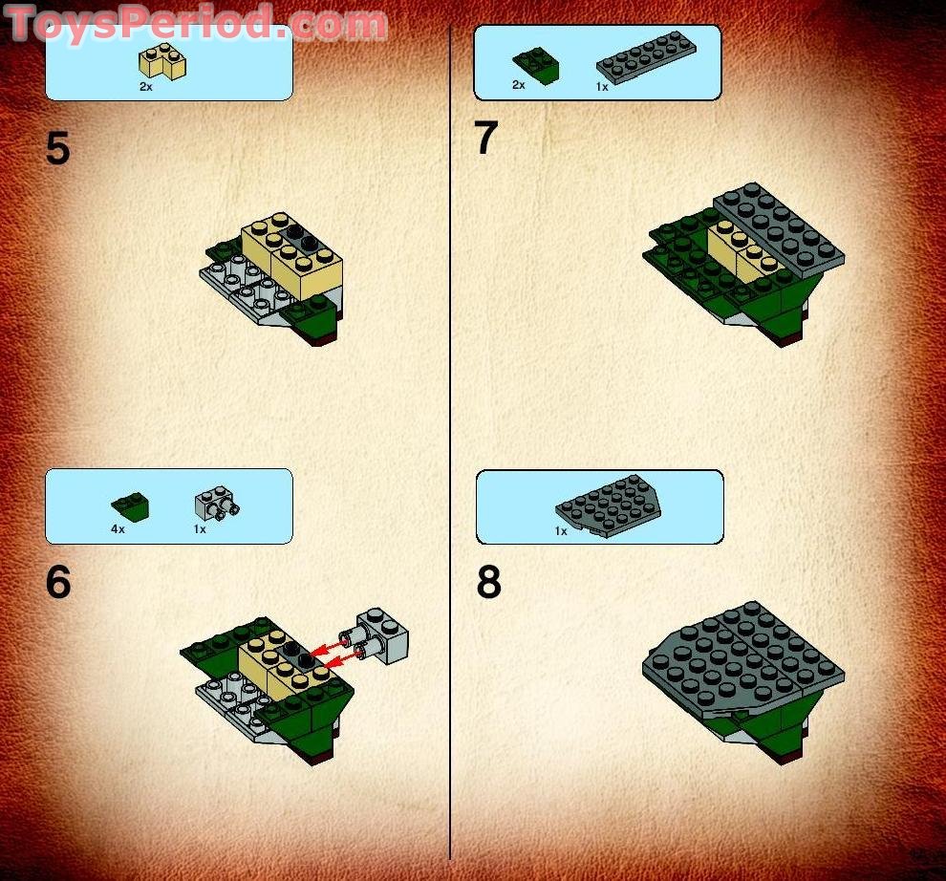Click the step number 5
(58, 150)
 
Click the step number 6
(58, 583)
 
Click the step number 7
(486, 140)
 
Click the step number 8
(488, 583)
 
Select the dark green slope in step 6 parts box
(129, 503)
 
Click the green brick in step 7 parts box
(536, 64)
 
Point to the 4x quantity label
(117, 528)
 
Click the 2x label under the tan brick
(145, 86)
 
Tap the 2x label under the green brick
(519, 85)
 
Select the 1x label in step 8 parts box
(561, 530)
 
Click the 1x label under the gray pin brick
(200, 528)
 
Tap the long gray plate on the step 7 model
(779, 224)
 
